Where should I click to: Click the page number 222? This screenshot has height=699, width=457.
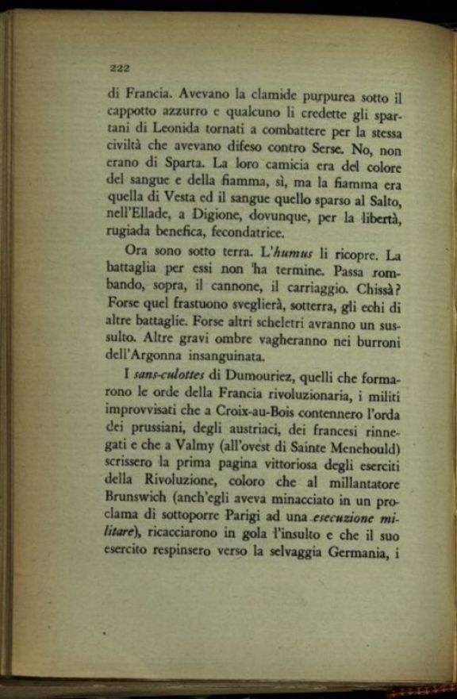pyautogui.click(x=119, y=67)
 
